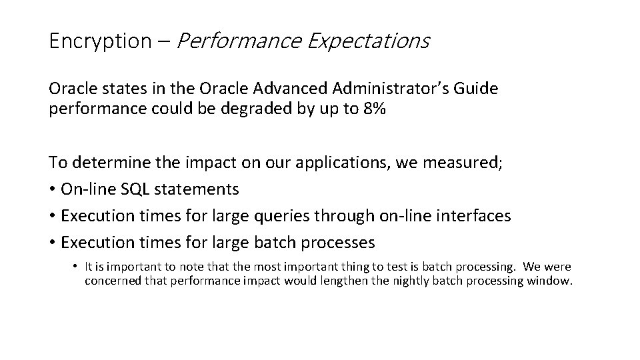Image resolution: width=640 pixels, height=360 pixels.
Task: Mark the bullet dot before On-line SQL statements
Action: click(52, 190)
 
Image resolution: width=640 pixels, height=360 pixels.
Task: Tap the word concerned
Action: click(111, 281)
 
